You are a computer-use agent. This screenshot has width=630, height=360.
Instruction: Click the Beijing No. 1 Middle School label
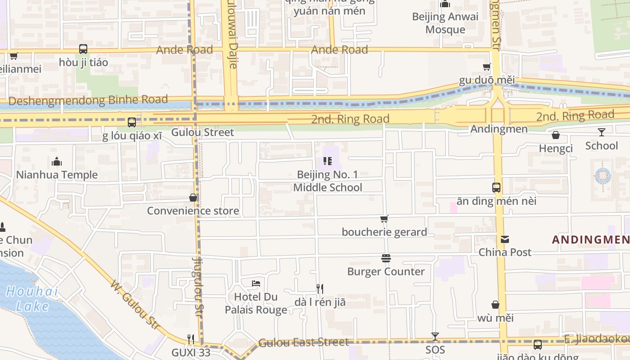[328, 181]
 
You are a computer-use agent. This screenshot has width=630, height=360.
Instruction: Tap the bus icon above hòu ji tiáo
[83, 49]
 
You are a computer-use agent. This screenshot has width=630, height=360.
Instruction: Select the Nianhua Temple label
[57, 175]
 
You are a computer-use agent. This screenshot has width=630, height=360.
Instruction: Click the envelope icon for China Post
[505, 239]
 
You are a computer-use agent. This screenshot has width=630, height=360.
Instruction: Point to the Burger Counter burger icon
[386, 258]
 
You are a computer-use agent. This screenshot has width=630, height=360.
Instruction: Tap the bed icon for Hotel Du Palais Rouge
[256, 283]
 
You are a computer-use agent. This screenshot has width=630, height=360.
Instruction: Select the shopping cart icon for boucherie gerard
[384, 219]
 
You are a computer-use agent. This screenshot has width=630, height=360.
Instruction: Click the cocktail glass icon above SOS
[435, 337]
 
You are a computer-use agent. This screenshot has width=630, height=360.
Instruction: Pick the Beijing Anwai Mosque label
[445, 23]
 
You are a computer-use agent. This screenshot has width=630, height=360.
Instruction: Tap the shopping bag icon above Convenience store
[193, 198]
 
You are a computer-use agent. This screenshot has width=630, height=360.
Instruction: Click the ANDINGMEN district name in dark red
[590, 239]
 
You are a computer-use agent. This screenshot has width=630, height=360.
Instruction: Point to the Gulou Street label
[202, 132]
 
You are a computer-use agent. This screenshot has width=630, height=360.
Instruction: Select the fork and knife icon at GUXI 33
[191, 339]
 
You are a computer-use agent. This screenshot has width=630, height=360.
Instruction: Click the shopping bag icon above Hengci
[556, 135]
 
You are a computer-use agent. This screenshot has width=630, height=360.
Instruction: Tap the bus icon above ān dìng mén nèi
[496, 188]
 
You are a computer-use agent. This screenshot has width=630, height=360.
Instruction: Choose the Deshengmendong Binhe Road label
[88, 100]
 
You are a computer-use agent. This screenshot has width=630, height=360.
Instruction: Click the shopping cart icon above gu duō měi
[486, 67]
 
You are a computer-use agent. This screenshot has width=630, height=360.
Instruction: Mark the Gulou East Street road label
[304, 342]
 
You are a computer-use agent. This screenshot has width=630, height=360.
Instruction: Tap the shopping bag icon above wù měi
[495, 305]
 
